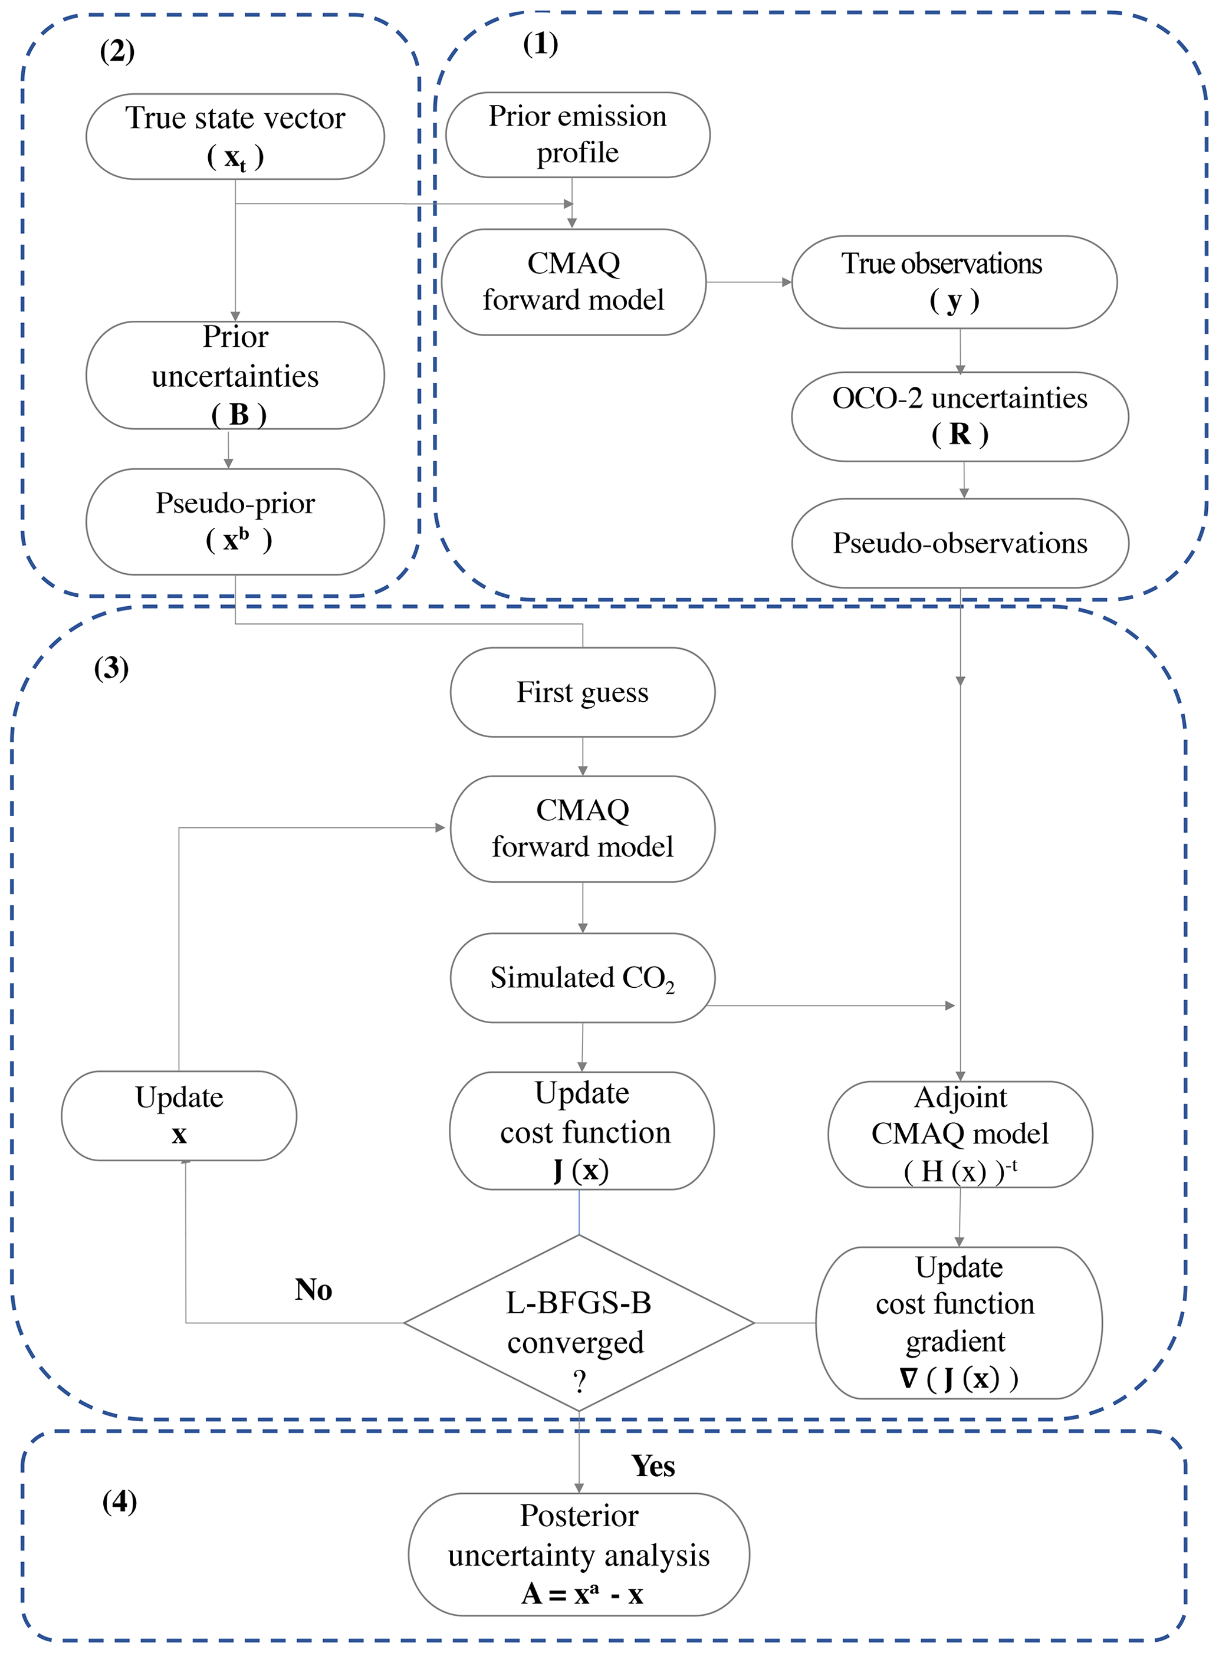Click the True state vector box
tap(235, 136)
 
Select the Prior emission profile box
tap(578, 135)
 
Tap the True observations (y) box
tap(954, 282)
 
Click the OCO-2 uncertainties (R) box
tap(960, 416)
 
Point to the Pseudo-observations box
tap(960, 543)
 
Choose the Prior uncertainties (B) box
tap(235, 375)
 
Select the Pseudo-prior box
tap(235, 522)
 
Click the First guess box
tap(582, 692)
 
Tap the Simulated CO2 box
tap(582, 978)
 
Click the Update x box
tap(179, 1116)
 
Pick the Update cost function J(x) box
tap(581, 1131)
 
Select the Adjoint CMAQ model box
tap(960, 1134)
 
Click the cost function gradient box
tap(958, 1322)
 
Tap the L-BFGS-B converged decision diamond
tap(579, 1322)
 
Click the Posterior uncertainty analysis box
tap(579, 1554)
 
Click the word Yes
tap(653, 1466)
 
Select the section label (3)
tap(111, 668)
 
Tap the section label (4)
tap(120, 1501)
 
